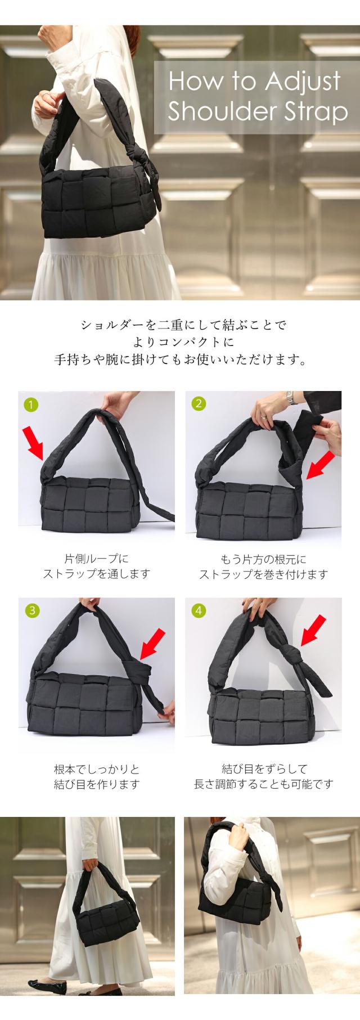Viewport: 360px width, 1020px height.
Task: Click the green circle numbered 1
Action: click(x=32, y=404)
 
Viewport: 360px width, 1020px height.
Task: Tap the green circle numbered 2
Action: click(x=199, y=403)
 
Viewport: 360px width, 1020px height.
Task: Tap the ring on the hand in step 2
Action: click(x=264, y=417)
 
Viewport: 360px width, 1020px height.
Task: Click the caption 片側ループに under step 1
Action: click(x=97, y=559)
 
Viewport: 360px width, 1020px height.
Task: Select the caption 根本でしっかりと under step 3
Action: click(x=97, y=769)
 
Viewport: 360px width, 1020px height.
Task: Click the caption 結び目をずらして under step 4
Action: click(x=264, y=769)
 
